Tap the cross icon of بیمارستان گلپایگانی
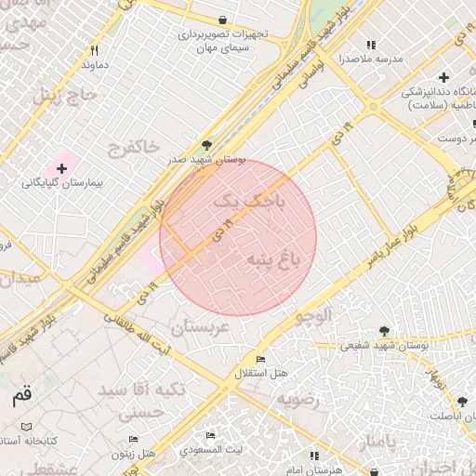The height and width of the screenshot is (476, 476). coord(61,168)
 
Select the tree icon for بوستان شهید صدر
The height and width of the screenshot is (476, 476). coord(206,145)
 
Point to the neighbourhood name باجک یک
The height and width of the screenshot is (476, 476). coord(232,201)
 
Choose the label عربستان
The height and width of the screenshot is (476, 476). coord(198,327)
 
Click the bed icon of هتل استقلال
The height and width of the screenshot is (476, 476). coord(260,360)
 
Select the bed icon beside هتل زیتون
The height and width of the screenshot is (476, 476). coord(133,439)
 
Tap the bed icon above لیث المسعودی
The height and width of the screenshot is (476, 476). coord(211,435)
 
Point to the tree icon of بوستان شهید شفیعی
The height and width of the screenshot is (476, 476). coord(383,330)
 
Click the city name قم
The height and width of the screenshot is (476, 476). coord(21,396)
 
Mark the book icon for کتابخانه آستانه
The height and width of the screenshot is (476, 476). coord(26,428)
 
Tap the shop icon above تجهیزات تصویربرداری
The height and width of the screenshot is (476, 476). coord(222,20)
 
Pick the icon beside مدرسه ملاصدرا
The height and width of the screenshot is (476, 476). coord(371,45)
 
